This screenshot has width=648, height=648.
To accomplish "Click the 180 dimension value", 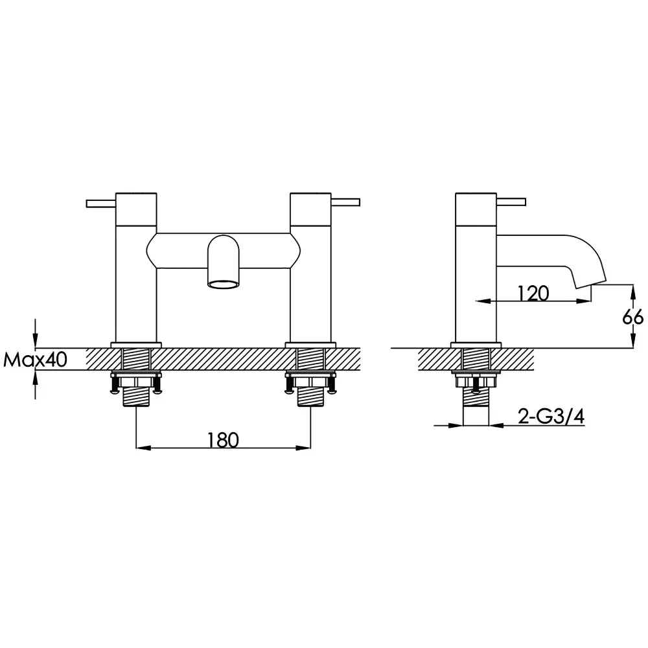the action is click(223, 441).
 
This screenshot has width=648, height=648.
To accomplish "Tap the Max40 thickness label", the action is click(35, 360).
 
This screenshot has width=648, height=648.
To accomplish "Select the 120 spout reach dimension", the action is click(533, 294).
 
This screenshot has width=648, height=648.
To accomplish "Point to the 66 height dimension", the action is click(632, 318).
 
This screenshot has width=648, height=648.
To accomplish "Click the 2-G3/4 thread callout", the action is click(551, 417).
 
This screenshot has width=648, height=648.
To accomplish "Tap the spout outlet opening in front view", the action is click(223, 284).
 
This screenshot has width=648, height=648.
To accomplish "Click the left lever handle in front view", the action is click(101, 203).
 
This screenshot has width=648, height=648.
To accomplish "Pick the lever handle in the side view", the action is click(511, 202).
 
